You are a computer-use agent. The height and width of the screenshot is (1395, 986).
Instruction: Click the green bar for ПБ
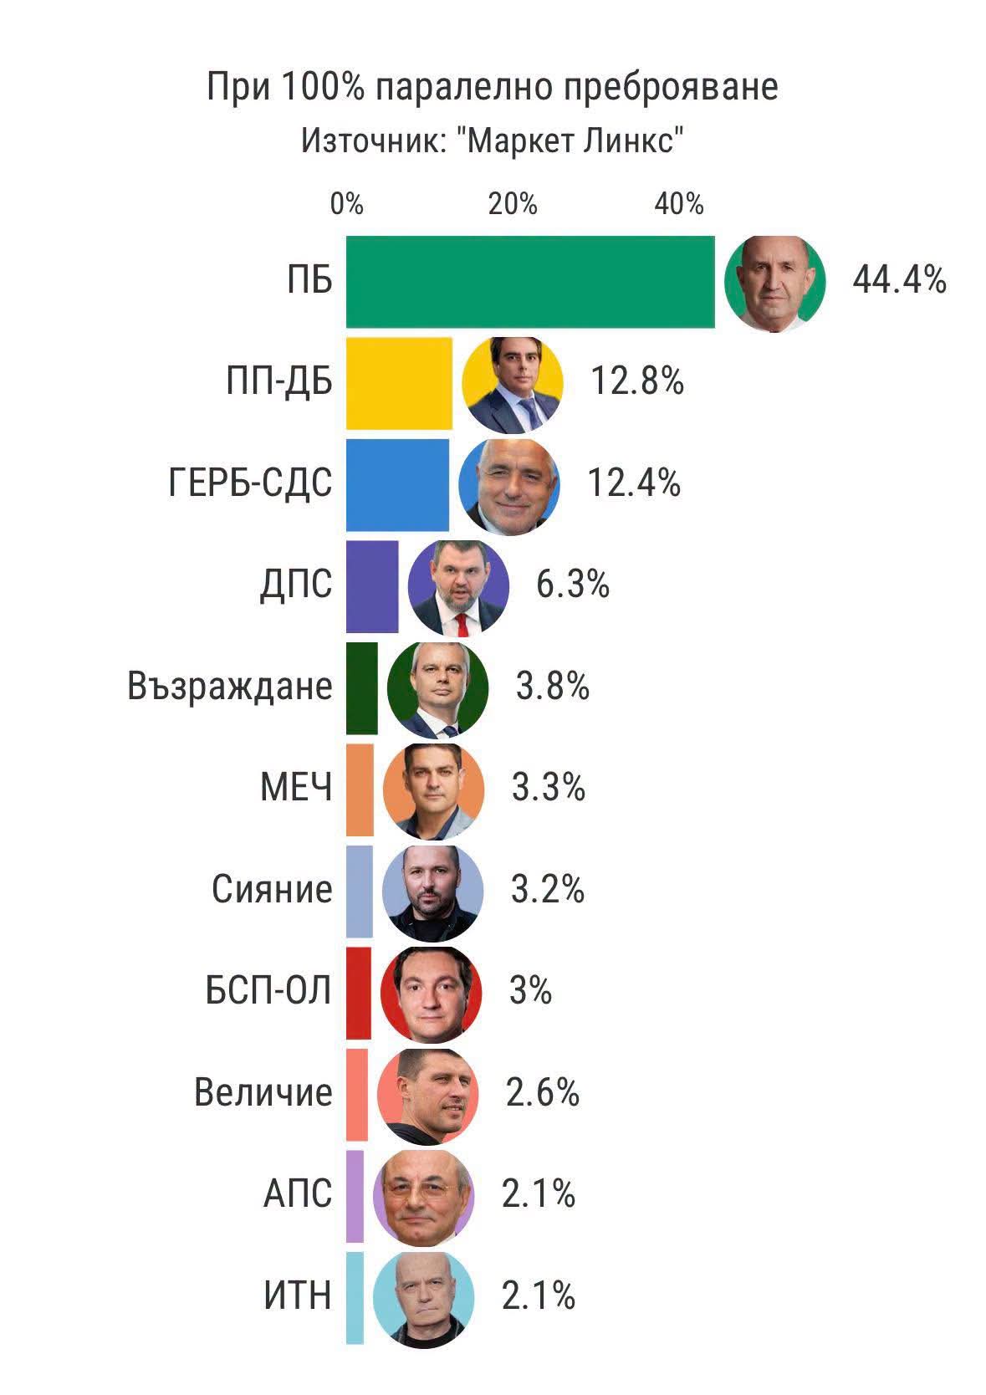tap(530, 281)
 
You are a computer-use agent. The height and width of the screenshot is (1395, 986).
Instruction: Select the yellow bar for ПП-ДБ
tap(399, 383)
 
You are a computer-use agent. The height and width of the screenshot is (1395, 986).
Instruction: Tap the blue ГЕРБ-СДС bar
tap(397, 484)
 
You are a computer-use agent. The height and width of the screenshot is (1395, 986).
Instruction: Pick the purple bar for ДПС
tap(372, 586)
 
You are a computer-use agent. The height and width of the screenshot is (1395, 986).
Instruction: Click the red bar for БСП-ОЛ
tap(358, 993)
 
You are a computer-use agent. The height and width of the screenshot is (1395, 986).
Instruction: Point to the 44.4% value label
tap(899, 280)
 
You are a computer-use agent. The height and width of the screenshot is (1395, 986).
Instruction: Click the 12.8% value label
tap(637, 382)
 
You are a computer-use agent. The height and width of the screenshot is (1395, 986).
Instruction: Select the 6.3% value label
tap(572, 585)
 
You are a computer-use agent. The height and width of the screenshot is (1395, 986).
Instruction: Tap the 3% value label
tap(530, 992)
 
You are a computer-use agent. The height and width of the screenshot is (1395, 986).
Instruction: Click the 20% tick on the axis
tap(513, 204)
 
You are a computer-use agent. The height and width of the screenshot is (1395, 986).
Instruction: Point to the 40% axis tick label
tap(679, 204)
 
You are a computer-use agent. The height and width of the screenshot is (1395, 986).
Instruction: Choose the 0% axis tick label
tap(347, 204)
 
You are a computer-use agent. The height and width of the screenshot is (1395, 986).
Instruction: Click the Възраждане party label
tap(230, 687)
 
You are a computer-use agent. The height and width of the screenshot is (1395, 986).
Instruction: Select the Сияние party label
tap(272, 890)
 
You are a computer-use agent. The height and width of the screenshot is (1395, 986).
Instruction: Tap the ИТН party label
tap(298, 1296)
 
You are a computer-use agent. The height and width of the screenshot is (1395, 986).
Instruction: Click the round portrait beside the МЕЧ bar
tap(433, 790)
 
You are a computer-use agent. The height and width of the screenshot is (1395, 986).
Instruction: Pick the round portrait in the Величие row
tap(428, 1095)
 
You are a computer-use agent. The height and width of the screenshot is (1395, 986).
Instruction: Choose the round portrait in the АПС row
tap(423, 1197)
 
